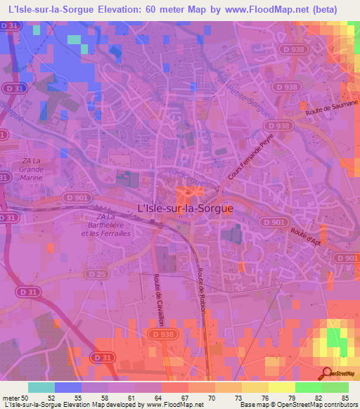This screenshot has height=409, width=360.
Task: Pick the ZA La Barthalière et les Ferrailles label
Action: (x=105, y=225)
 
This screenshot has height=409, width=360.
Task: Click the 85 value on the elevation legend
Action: (x=346, y=398)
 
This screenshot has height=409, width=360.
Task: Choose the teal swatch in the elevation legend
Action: (x=41, y=387)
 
